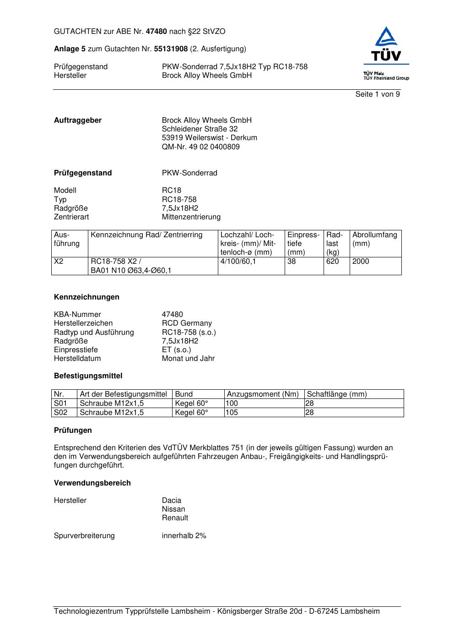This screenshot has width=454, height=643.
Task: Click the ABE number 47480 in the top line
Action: coord(157,32)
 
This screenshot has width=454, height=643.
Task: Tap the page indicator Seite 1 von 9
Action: coord(378,94)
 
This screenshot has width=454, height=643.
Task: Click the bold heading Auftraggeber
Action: coord(78,120)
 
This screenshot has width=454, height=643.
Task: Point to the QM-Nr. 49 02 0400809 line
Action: coord(200,147)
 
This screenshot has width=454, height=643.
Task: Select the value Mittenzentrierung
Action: coord(191,217)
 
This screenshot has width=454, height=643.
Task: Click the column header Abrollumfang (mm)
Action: coord(374,239)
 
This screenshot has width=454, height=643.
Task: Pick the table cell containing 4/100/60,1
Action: coord(238,262)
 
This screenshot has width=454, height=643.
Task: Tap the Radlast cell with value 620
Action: coord(333,262)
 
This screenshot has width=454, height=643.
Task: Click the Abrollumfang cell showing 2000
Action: coord(361,262)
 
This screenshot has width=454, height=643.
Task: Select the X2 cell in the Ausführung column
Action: coord(59,262)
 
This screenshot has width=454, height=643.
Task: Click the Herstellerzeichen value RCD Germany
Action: coord(187,323)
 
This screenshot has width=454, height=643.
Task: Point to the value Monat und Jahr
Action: coord(188,359)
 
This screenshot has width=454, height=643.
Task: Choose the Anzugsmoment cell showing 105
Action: coord(232,413)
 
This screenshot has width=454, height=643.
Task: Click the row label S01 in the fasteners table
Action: coord(60,403)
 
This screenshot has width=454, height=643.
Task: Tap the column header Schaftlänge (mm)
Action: coord(337,394)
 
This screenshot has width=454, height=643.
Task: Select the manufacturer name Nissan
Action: coord(173,509)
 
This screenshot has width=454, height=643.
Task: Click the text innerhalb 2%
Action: coord(184,536)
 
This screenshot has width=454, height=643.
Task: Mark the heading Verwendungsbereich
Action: coord(92,483)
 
